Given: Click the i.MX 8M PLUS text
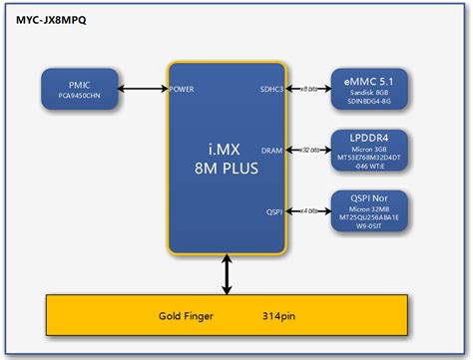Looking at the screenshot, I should [229, 160].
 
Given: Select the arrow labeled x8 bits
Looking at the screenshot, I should [310, 90].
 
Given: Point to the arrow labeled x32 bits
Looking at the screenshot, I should [310, 150].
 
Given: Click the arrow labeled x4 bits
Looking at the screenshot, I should [310, 210].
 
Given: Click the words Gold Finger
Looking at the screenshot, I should [189, 316].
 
